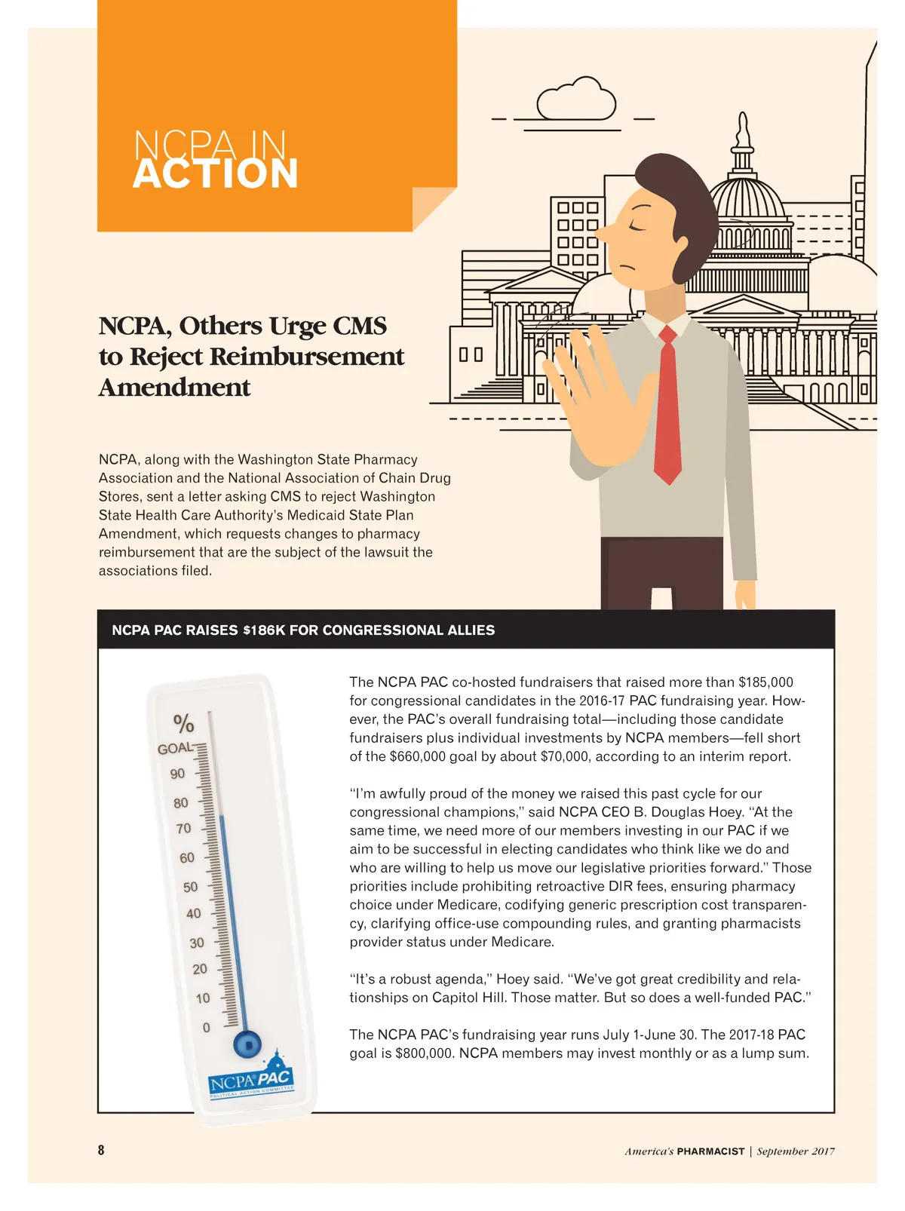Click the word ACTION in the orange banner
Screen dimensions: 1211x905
coord(216,174)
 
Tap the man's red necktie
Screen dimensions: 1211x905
coord(667,407)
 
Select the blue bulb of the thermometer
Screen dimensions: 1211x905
coord(246,1044)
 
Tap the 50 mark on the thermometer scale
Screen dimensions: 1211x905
coord(191,888)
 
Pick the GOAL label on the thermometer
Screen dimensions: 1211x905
coord(174,748)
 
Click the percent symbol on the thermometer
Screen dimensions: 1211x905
coord(183,723)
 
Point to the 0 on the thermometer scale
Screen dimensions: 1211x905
coord(207,1028)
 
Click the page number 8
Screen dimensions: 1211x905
coord(101,1150)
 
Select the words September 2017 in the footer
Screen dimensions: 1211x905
coord(796,1151)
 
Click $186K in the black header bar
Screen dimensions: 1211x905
coord(264,630)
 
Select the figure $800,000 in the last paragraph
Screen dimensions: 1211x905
coord(423,1053)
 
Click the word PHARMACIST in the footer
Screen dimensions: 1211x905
coord(710,1151)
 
